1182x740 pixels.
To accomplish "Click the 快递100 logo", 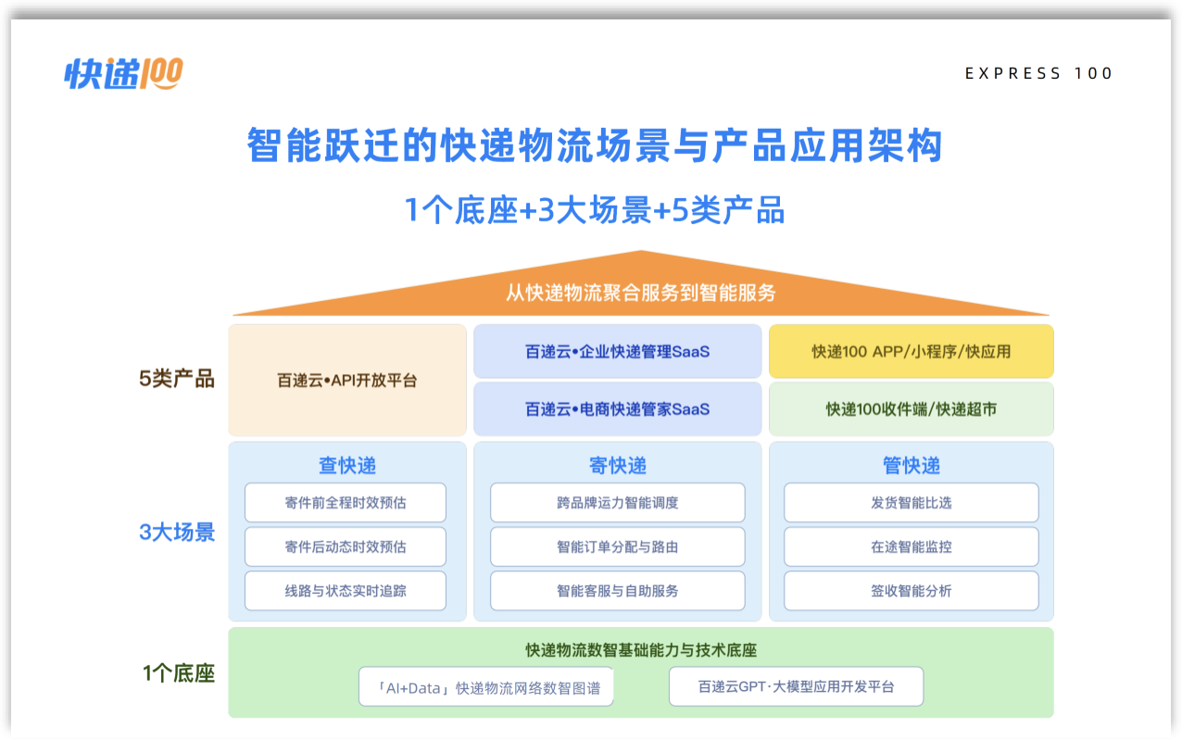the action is click(123, 73).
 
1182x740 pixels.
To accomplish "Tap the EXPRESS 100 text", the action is click(1038, 73).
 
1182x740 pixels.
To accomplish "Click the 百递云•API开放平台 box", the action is click(347, 381).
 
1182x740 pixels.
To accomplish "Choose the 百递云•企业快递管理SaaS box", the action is click(617, 351).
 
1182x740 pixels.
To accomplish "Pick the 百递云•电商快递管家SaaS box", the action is click(617, 409).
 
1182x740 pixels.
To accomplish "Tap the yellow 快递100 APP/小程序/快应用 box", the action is click(912, 351).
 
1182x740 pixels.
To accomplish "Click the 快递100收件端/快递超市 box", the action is click(912, 409).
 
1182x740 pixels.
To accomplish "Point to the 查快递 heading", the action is click(347, 465).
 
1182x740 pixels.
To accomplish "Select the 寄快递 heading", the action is click(617, 465).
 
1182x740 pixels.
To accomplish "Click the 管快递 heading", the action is click(912, 465).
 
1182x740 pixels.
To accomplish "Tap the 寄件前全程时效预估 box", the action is click(346, 503).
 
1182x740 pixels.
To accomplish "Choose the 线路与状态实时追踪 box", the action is click(346, 591).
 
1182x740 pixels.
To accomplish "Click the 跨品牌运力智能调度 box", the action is click(617, 503).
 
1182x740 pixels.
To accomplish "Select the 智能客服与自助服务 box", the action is click(617, 591).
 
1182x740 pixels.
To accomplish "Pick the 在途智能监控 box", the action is click(912, 547).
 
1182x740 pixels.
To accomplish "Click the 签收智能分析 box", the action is click(912, 591).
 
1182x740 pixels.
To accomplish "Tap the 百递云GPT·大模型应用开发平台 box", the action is click(797, 686).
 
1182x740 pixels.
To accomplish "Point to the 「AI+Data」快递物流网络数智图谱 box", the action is click(486, 686).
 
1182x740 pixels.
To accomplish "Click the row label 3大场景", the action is click(177, 532).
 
